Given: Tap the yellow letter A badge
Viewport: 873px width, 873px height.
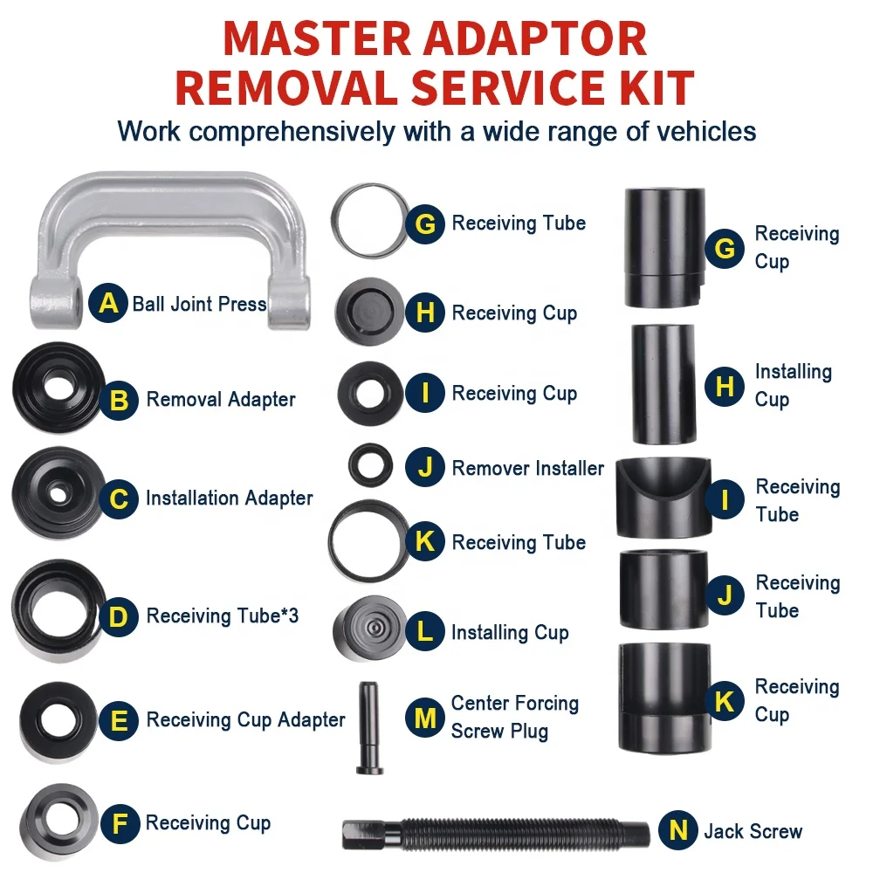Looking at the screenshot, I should tap(109, 304).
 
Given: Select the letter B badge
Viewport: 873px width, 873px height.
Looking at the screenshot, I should tap(120, 400).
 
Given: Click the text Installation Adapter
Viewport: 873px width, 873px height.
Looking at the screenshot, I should tap(229, 498).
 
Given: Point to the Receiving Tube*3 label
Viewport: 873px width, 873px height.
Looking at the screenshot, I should tap(222, 616).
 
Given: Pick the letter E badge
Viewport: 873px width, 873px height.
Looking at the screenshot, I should tap(120, 720).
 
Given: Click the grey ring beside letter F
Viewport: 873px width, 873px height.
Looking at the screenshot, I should tap(60, 821).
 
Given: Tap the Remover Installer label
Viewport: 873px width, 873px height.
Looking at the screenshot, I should tap(527, 468).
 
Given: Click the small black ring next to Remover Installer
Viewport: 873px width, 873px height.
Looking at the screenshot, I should tap(370, 464).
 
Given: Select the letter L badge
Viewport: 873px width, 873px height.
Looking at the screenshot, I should tap(425, 632).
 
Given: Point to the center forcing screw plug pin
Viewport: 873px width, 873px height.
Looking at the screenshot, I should tap(368, 727).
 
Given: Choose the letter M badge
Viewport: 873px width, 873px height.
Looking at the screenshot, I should tap(425, 718).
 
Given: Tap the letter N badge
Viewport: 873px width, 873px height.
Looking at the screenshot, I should tap(678, 831).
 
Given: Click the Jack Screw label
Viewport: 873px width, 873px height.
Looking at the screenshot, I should tap(753, 831).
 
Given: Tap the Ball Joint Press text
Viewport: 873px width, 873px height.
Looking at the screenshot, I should tap(199, 305).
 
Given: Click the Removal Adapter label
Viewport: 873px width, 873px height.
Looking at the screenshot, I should tap(220, 400).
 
